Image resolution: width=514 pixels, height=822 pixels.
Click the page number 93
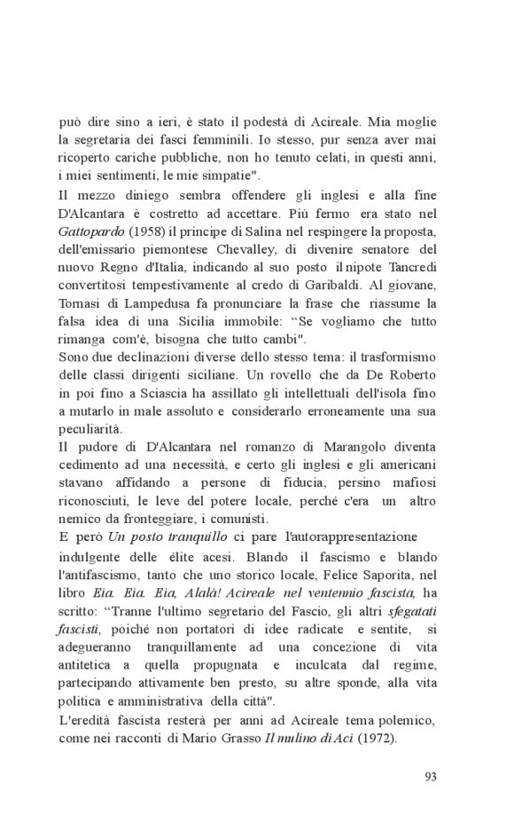tap(431, 778)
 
